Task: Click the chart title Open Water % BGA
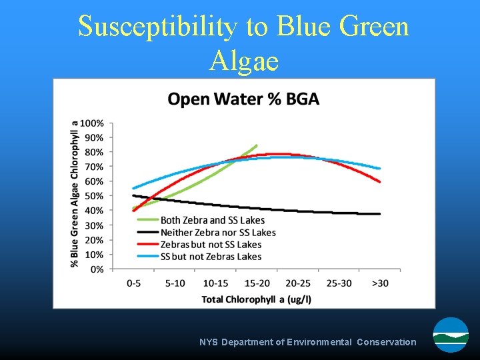click(243, 99)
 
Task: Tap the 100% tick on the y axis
click(93, 123)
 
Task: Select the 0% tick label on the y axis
click(97, 269)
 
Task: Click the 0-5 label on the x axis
click(133, 283)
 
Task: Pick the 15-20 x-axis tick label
click(256, 283)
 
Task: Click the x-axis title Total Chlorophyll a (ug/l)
click(257, 299)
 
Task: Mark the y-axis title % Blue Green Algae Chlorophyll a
click(75, 193)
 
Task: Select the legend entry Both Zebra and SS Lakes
click(212, 221)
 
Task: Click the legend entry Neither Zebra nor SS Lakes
click(218, 233)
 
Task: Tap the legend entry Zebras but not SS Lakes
click(211, 245)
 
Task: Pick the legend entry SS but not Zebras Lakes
click(211, 257)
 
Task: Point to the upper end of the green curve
click(256, 145)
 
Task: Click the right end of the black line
click(380, 214)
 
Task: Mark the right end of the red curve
click(380, 181)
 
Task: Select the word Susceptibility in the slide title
click(157, 27)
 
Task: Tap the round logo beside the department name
click(451, 335)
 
